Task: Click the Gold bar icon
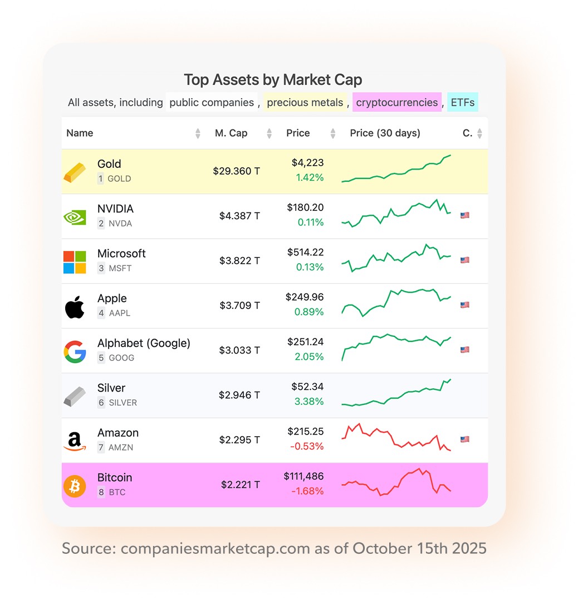[75, 172]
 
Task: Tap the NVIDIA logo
[75, 216]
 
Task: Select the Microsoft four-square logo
[75, 262]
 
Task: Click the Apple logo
[75, 307]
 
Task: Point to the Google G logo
[75, 352]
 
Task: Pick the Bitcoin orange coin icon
[75, 486]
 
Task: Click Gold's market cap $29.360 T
[236, 171]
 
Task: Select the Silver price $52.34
[307, 386]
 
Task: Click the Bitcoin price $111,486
[303, 476]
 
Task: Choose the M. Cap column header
[231, 133]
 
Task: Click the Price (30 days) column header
[385, 133]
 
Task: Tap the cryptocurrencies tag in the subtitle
[397, 103]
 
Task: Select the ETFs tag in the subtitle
[463, 103]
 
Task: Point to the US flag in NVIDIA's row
[464, 215]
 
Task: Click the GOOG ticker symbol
[121, 358]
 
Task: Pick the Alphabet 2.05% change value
[309, 356]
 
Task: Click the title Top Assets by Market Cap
[273, 80]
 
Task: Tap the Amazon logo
[75, 441]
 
